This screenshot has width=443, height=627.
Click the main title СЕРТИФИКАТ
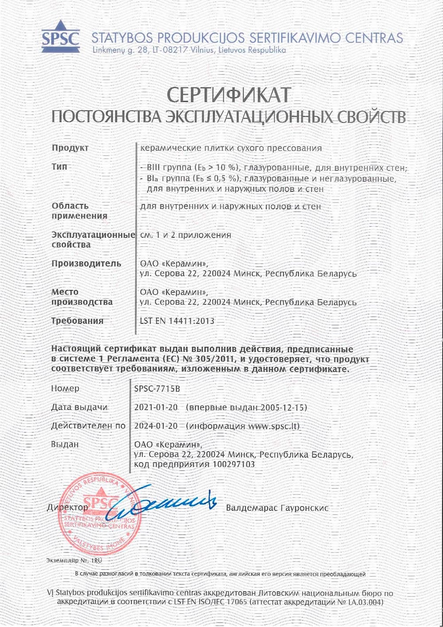(229, 94)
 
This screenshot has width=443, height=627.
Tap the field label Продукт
(70, 148)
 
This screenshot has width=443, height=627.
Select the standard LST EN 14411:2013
(177, 321)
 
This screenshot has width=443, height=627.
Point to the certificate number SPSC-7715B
(157, 389)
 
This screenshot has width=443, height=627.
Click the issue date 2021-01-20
(156, 407)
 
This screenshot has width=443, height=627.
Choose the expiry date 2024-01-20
(156, 426)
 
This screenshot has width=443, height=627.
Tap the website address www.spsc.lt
(273, 426)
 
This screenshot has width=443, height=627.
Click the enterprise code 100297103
(234, 464)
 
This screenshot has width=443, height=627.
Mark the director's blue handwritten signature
(164, 505)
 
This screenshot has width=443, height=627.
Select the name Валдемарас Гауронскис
(277, 508)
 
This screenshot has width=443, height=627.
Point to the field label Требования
(78, 321)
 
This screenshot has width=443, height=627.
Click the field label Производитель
(86, 264)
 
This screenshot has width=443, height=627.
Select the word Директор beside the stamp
(67, 507)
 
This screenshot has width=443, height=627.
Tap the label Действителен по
(88, 426)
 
